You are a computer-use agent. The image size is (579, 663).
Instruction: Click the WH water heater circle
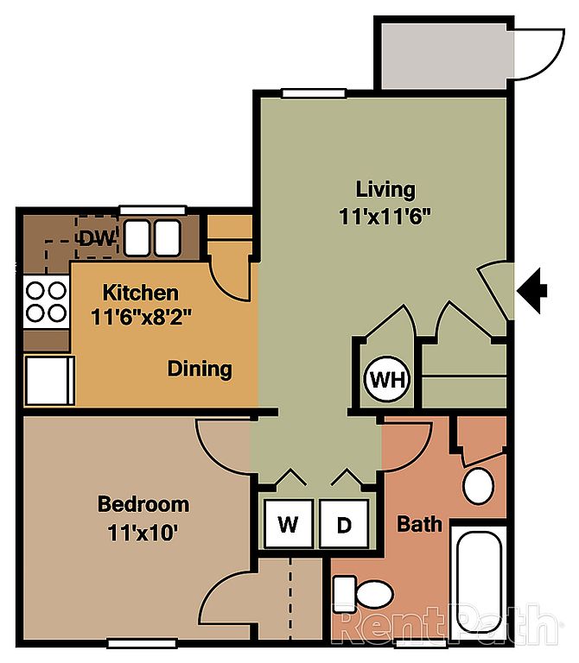(x=387, y=379)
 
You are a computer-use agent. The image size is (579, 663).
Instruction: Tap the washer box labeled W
(x=289, y=523)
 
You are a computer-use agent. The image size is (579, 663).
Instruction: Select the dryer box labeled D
(x=344, y=523)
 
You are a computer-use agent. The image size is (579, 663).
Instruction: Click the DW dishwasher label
(x=98, y=239)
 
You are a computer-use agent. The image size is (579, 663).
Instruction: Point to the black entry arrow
(x=531, y=290)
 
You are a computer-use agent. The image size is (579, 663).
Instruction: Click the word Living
(x=385, y=190)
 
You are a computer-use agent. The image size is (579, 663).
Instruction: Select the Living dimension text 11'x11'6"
(x=385, y=217)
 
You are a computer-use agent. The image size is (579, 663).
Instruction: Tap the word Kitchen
(x=141, y=293)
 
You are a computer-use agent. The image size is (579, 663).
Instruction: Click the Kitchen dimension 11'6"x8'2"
(x=142, y=317)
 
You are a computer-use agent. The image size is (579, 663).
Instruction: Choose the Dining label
(x=200, y=369)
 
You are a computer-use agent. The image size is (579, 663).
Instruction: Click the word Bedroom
(x=143, y=504)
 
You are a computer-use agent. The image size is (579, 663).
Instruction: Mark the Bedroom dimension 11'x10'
(x=143, y=533)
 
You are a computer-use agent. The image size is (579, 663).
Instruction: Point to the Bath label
(x=419, y=524)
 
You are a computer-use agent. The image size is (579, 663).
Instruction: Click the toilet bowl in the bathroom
(x=374, y=594)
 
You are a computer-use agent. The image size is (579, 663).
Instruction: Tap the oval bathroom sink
(x=479, y=486)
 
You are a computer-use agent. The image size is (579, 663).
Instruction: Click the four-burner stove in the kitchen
(x=46, y=302)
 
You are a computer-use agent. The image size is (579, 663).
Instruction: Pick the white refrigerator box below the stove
(x=49, y=381)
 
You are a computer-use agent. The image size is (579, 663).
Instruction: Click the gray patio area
(x=444, y=56)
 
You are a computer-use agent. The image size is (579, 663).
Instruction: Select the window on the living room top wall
(x=314, y=93)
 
